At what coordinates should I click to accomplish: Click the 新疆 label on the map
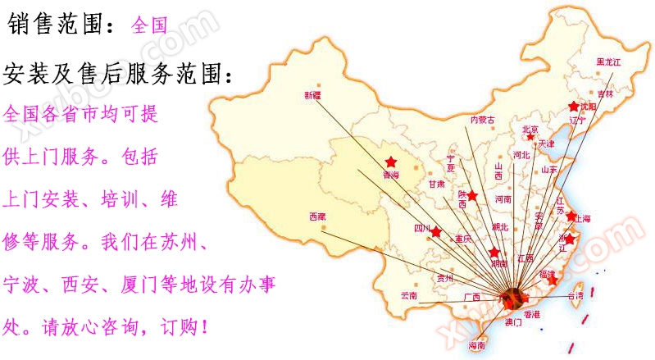[x=313, y=95]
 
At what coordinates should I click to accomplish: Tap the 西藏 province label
[x=317, y=216]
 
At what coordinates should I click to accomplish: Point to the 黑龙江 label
[x=609, y=62]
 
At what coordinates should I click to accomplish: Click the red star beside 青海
[x=391, y=162]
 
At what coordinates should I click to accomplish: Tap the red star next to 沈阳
[x=575, y=107]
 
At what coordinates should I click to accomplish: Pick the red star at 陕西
[x=472, y=195]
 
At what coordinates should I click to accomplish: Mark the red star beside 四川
[x=435, y=233]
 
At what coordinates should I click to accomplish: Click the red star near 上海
[x=571, y=216]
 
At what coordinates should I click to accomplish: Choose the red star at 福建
[x=553, y=280]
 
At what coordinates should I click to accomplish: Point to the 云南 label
[x=408, y=294]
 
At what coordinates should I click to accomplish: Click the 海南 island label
[x=475, y=346]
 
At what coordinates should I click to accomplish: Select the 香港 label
[x=531, y=314]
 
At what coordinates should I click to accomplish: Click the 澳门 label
[x=512, y=323]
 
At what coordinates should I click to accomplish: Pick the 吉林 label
[x=605, y=94]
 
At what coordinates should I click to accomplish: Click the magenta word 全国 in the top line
[x=149, y=25]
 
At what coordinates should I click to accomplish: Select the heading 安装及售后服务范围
[x=118, y=75]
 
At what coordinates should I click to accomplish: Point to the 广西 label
[x=471, y=296]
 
